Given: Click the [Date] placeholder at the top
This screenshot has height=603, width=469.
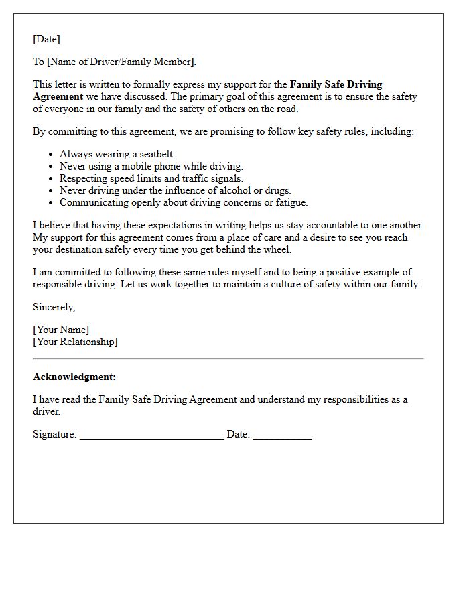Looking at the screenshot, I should [x=46, y=39].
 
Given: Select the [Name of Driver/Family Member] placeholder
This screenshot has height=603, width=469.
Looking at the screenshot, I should [x=121, y=62].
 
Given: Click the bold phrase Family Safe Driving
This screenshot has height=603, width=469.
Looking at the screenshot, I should [x=336, y=84].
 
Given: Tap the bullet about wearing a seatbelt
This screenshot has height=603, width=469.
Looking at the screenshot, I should [x=117, y=154].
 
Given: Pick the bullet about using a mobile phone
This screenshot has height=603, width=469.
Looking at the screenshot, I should [x=151, y=166].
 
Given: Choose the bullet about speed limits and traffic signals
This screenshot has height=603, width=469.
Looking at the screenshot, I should [x=151, y=178].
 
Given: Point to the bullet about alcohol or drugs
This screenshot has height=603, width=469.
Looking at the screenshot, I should [x=175, y=190].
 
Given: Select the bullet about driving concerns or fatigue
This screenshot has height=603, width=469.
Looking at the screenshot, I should [x=184, y=202].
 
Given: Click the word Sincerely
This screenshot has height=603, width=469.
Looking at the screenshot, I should [x=54, y=307].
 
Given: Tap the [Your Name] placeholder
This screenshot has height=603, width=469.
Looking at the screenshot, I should [x=61, y=330].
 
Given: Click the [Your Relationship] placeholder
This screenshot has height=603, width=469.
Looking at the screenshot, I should [x=75, y=342].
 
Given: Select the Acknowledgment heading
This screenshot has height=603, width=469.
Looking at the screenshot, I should [x=74, y=377].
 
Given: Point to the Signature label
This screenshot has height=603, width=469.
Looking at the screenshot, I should [x=54, y=434].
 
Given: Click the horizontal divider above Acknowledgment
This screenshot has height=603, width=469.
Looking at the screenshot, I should [x=228, y=359].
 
